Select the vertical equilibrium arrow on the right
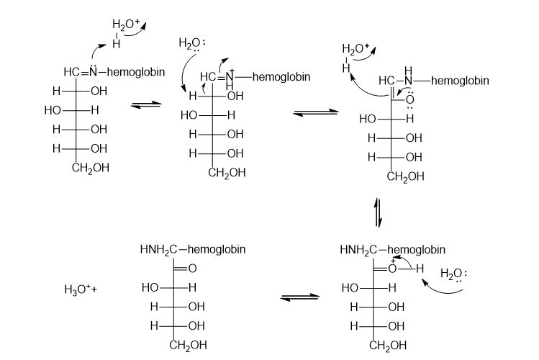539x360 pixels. (x=378, y=213)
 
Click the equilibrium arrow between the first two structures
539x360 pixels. (x=146, y=105)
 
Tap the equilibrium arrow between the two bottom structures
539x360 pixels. (x=300, y=297)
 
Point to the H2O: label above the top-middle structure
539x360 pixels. (x=192, y=44)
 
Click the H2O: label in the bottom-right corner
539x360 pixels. (x=454, y=274)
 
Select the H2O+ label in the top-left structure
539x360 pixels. (x=126, y=24)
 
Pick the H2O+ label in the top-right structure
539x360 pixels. (x=355, y=48)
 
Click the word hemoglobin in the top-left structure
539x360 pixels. (x=136, y=72)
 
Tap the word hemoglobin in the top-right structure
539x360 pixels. (x=460, y=81)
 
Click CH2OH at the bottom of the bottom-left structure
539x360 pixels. (x=188, y=345)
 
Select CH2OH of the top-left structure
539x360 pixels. (x=91, y=168)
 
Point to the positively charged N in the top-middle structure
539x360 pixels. (x=230, y=76)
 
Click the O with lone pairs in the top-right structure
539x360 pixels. (x=409, y=99)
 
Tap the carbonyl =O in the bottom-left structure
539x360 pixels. (x=192, y=268)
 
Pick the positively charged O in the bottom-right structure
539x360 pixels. (x=392, y=268)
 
